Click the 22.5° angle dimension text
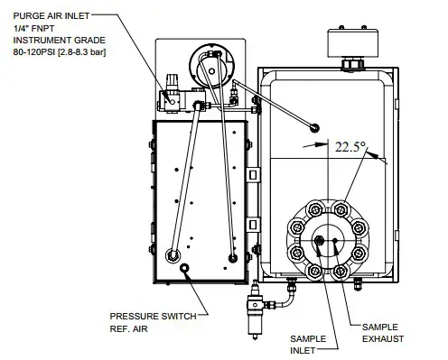click(x=350, y=145)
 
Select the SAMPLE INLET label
click(x=307, y=344)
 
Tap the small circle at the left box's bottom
click(x=185, y=269)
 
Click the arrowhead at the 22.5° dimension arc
click(x=373, y=154)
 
